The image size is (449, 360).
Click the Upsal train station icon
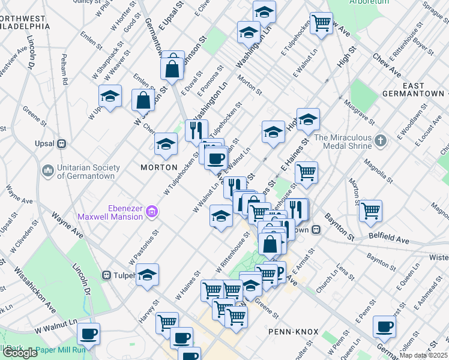pyautogui.click(x=61, y=144)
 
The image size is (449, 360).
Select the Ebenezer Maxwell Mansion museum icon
pyautogui.click(x=152, y=211)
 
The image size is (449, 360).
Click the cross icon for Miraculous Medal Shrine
pyautogui.click(x=380, y=142)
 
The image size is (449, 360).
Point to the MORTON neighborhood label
pyautogui.click(x=159, y=167)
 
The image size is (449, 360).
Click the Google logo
pyautogui.click(x=20, y=353)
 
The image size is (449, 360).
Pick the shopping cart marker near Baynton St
pyautogui.click(x=371, y=210)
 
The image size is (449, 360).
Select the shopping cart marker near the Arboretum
pyautogui.click(x=322, y=23)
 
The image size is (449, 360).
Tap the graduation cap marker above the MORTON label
pyautogui.click(x=166, y=143)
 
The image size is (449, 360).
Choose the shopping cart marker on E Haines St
pyautogui.click(x=307, y=172)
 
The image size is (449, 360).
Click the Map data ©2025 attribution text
pyautogui.click(x=424, y=355)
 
